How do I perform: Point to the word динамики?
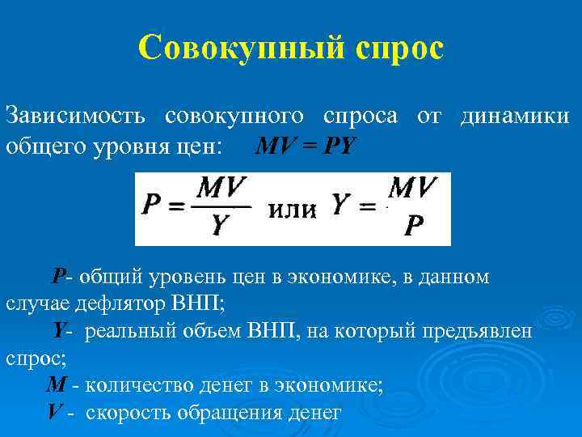tap(514, 116)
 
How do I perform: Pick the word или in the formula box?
tap(291, 210)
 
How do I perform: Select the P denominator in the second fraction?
tap(413, 227)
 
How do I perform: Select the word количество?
tap(135, 384)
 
